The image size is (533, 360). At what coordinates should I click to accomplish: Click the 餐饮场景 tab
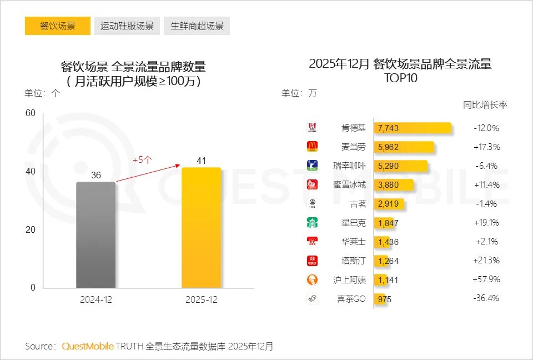tap(58, 26)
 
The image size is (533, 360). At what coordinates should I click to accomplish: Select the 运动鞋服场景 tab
tap(127, 26)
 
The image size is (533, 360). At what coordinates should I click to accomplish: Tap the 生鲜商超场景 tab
tap(197, 26)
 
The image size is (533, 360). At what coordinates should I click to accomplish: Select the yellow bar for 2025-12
tap(201, 227)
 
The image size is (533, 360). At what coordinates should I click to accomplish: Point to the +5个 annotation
tap(142, 159)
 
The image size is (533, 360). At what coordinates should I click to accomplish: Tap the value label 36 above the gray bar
tap(96, 175)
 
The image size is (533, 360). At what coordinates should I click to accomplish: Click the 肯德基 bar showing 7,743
tap(412, 128)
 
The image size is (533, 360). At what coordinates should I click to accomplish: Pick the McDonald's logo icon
tap(312, 147)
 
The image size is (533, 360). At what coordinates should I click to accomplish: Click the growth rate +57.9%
tap(487, 279)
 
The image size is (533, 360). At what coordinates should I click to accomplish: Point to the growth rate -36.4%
tap(487, 298)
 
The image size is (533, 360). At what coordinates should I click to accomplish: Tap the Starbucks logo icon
tap(312, 223)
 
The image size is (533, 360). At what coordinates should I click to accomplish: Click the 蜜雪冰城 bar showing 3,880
tap(394, 185)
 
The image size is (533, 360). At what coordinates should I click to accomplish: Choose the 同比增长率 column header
tap(485, 104)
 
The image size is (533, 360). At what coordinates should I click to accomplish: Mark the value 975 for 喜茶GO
tap(384, 299)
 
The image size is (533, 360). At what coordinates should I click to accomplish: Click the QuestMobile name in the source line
tap(88, 346)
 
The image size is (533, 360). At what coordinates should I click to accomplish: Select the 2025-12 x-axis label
tap(201, 300)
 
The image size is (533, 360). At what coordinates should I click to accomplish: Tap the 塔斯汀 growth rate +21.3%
tap(487, 261)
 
